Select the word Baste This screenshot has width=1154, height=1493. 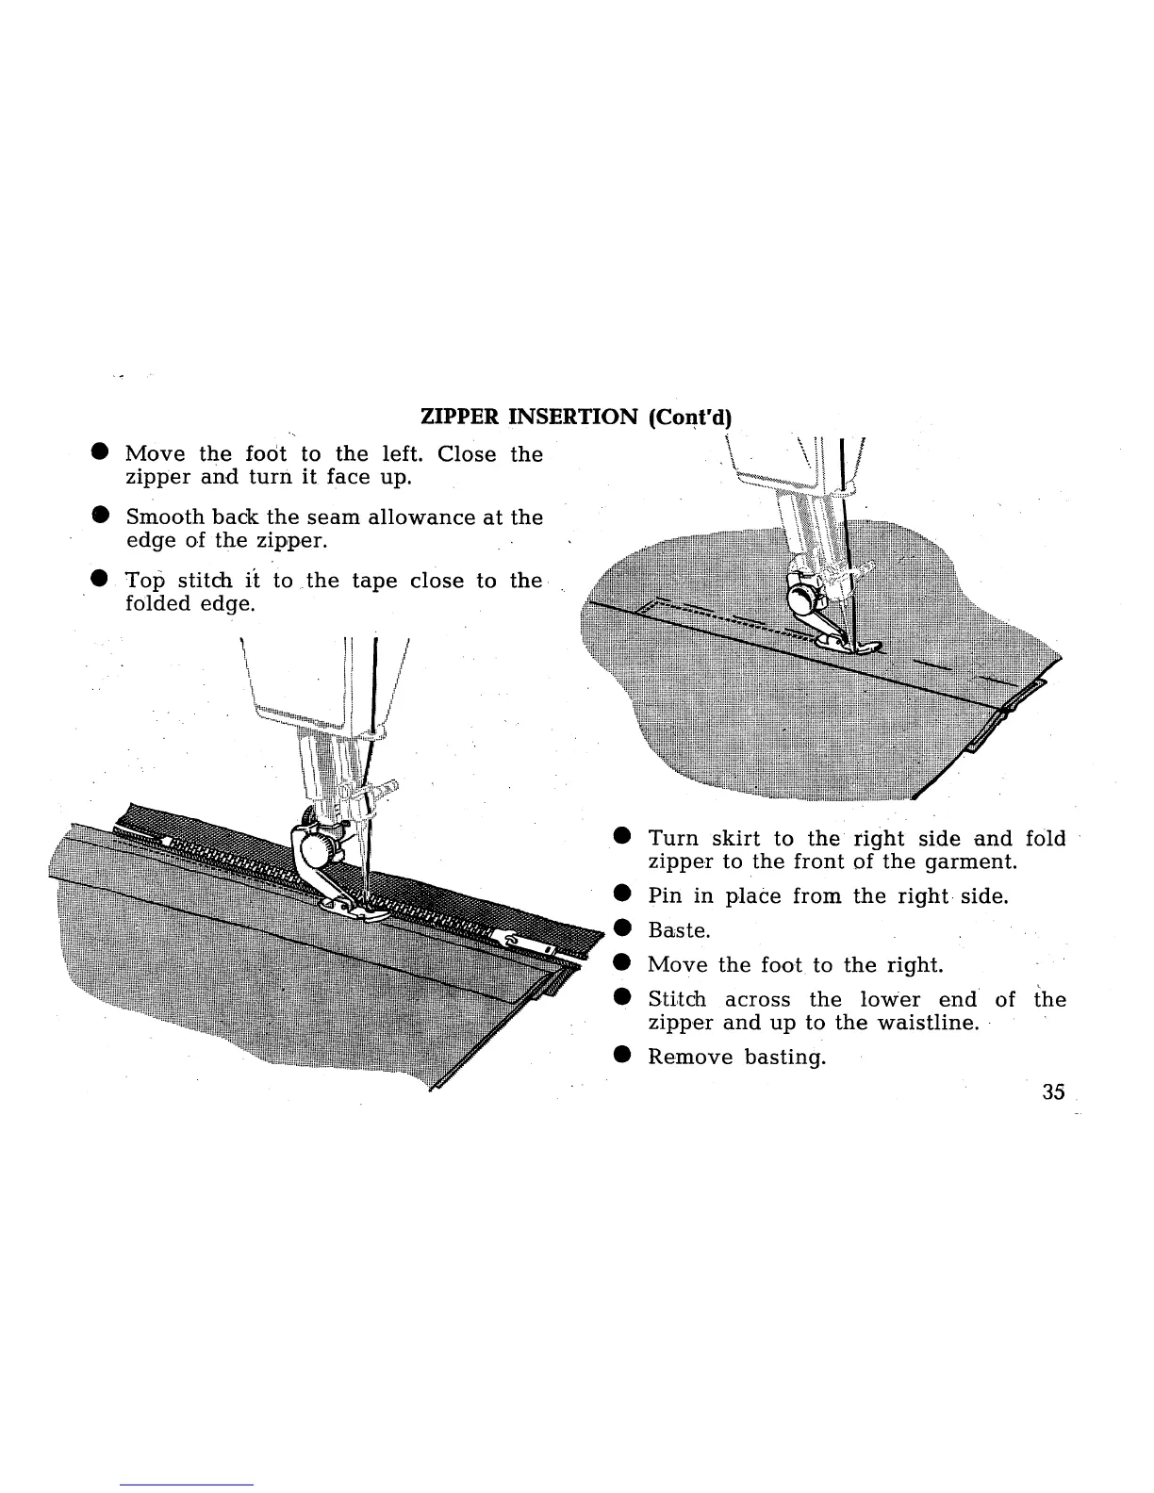678,930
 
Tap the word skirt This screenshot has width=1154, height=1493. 745,838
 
